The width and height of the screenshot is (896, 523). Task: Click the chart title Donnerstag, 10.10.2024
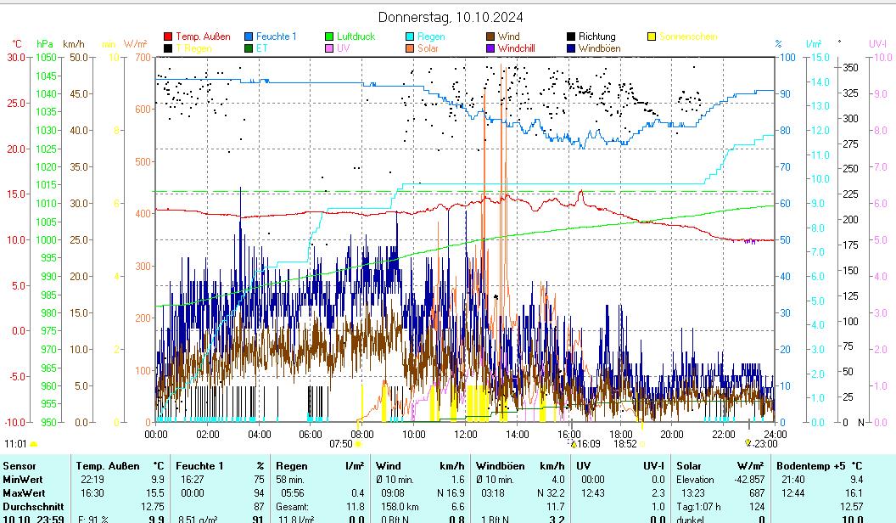450,17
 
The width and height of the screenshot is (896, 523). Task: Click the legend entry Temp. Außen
203,37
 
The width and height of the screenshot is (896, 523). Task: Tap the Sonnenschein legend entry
687,37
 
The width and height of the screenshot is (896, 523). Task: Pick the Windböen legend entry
599,48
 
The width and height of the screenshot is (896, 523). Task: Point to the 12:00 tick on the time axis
465,435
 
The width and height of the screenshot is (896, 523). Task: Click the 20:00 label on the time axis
671,435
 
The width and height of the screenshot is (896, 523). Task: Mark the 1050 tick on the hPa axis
46,57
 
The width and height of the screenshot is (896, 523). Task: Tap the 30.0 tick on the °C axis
16,57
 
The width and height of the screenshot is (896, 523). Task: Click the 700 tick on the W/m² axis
141,57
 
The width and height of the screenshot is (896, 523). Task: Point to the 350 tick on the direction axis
850,67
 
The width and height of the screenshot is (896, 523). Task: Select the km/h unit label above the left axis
74,43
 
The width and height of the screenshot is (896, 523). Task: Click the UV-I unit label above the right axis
877,43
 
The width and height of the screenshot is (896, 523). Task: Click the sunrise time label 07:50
340,443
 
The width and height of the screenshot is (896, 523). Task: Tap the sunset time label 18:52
625,443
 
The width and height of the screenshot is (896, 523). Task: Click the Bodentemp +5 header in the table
815,465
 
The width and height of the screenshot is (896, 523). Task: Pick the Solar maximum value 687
756,493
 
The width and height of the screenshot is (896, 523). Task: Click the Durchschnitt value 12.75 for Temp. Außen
153,507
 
